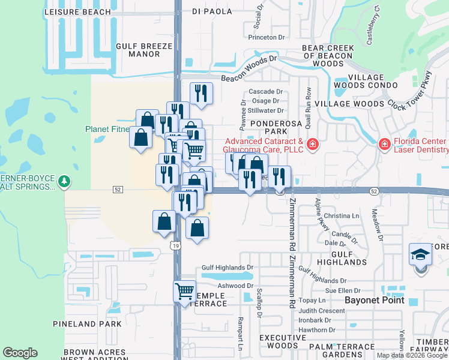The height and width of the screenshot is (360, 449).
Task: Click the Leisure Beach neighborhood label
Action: pos(78,12)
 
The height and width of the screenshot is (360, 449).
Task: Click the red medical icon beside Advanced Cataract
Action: pos(312,144)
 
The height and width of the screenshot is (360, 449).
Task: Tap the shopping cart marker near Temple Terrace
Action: pos(184,292)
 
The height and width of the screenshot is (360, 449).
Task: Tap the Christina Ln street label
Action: pos(341,215)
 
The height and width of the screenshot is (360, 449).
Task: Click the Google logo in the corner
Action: pos(20,353)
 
